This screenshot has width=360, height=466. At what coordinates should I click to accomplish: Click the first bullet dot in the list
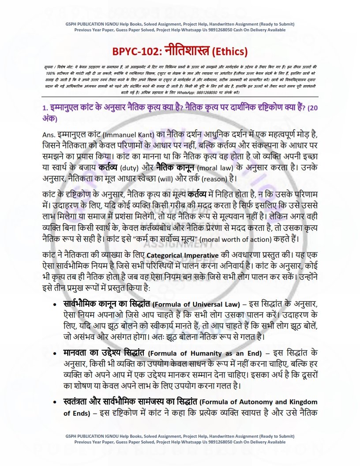pos(54,305)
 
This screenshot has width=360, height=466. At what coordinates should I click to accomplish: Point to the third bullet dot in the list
pos(54,402)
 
